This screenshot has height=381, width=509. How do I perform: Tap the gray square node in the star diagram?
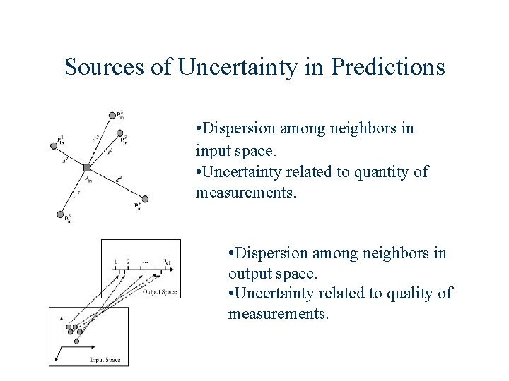coord(86,167)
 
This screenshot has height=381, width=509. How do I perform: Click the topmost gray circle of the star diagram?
coord(112,115)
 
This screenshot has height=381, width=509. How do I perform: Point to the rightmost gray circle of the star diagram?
coord(146,199)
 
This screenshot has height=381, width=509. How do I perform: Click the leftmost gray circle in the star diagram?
coord(53,146)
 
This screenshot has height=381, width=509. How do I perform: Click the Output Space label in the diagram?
coord(159,292)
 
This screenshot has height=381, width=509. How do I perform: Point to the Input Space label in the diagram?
coord(105,361)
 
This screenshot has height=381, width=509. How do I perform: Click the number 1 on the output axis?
coord(115,262)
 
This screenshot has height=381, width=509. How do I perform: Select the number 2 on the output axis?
coord(128,262)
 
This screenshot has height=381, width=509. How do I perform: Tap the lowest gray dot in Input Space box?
coord(76,341)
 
